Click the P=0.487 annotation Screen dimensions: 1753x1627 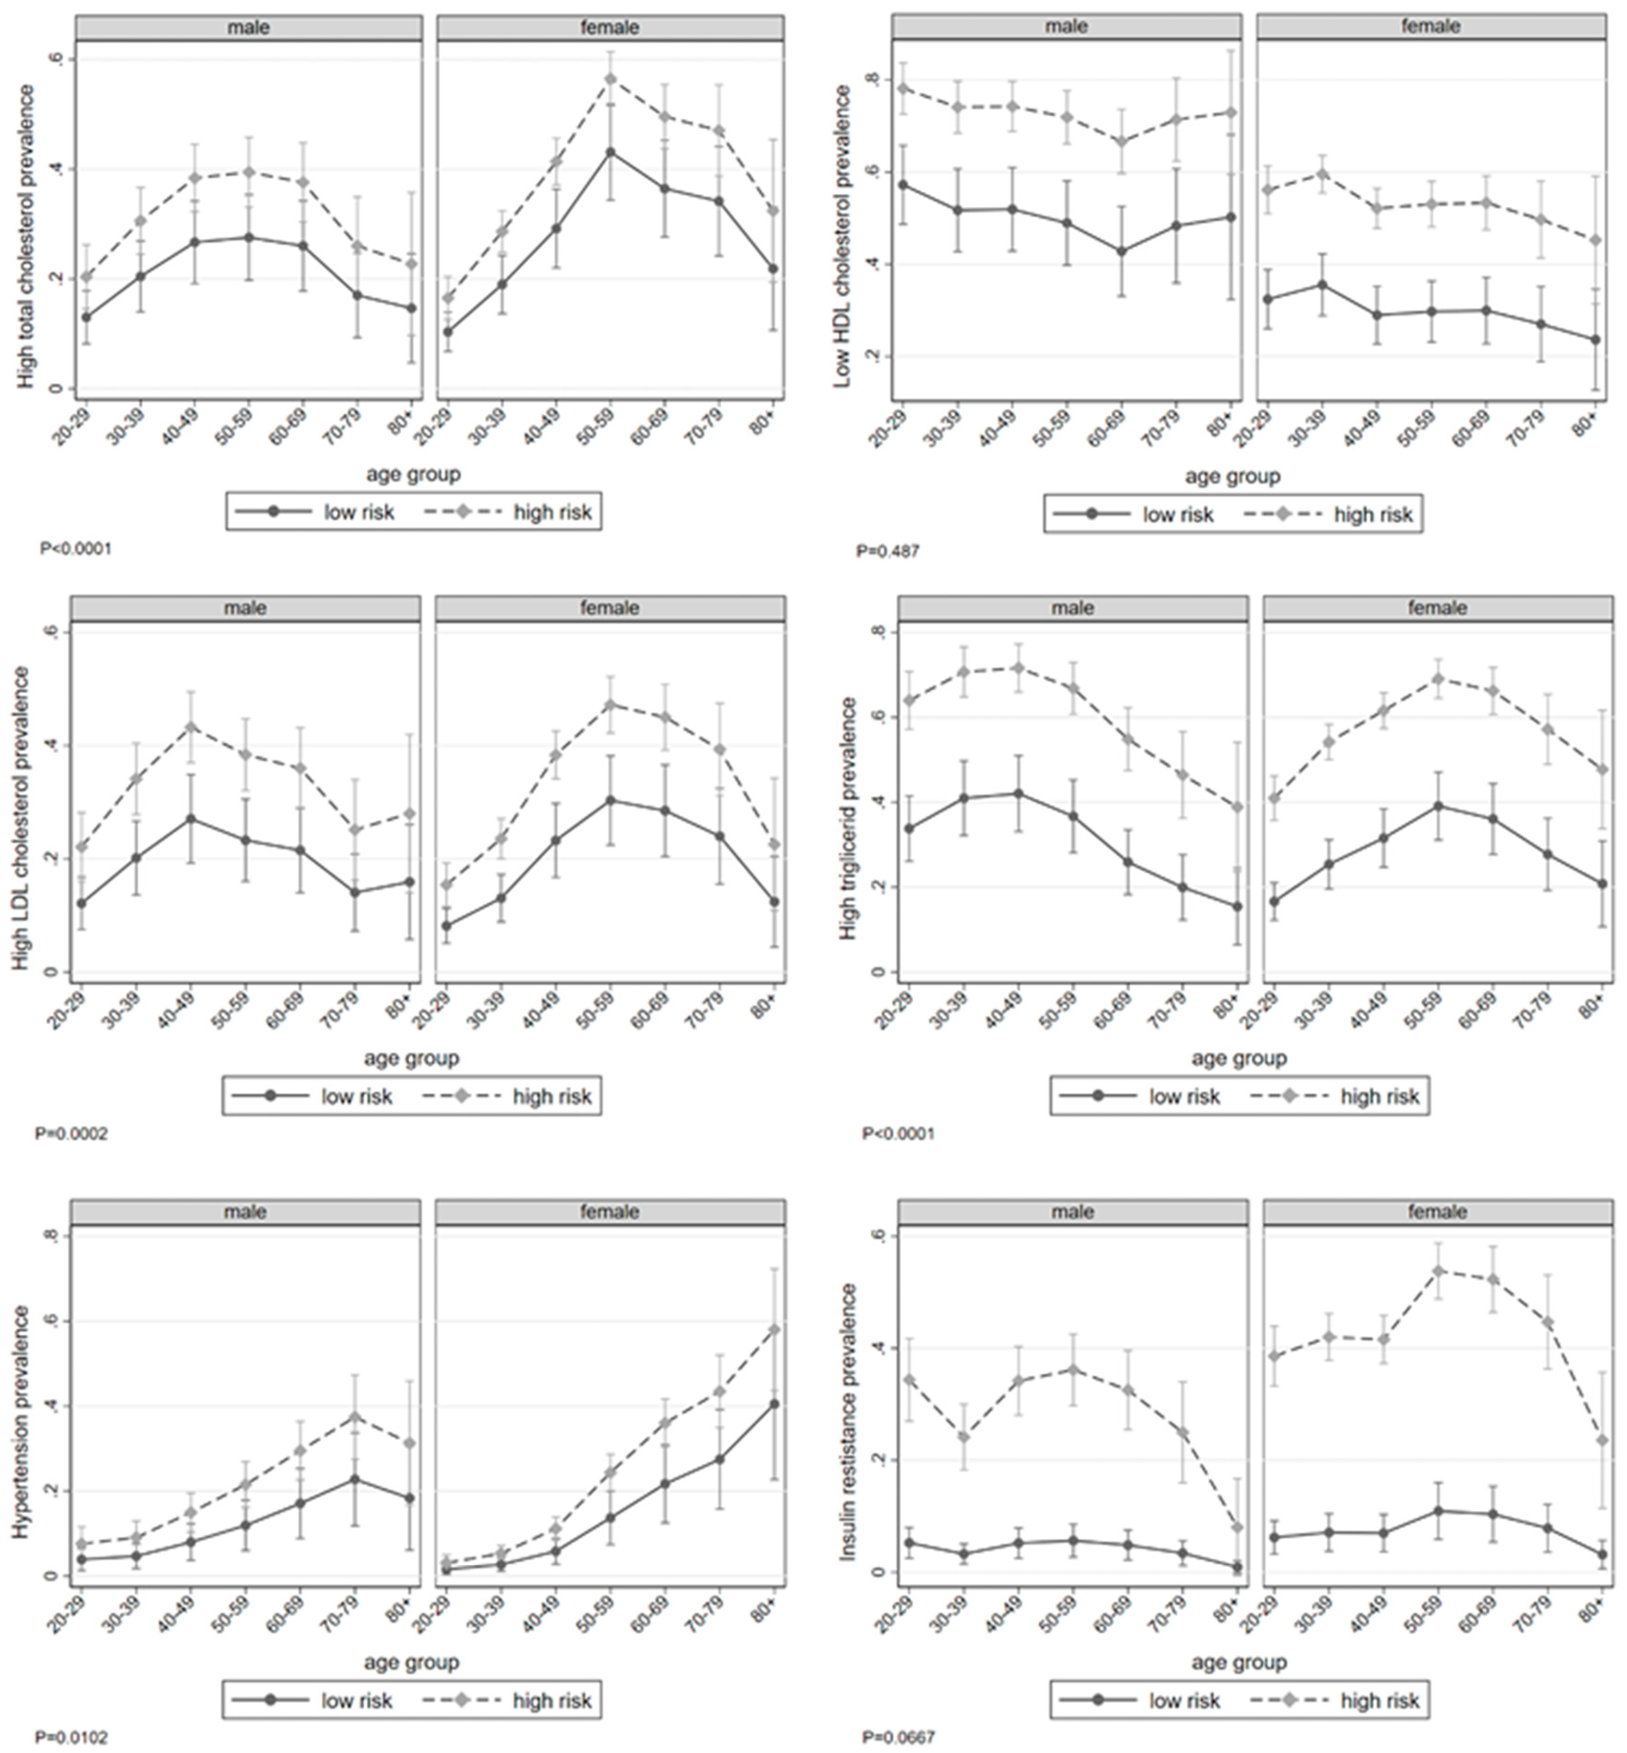(887, 552)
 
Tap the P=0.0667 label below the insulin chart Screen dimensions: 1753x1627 (898, 1737)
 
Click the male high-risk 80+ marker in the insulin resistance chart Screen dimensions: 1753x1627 (1237, 1527)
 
